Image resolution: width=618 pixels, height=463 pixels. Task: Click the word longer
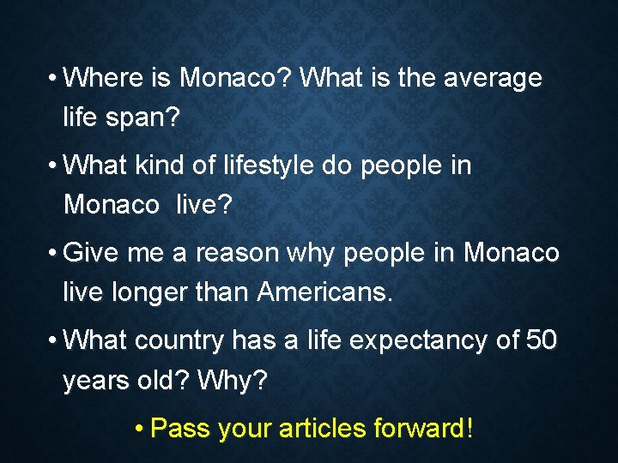(144, 293)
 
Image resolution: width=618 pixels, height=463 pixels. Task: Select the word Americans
(324, 293)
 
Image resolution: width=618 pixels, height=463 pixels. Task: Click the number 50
(541, 340)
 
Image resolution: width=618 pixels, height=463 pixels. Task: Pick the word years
(97, 380)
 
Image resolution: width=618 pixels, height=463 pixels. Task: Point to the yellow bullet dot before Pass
(140, 428)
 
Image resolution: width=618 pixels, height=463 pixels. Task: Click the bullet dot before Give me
(54, 254)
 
